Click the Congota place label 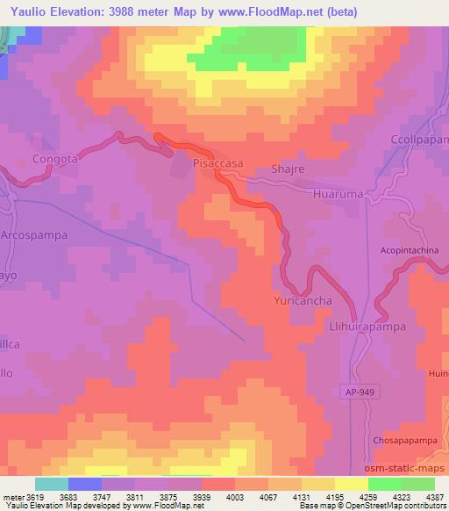[x=55, y=159]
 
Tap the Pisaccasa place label [x=217, y=163]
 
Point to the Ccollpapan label [x=418, y=140]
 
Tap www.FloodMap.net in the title [x=278, y=10]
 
